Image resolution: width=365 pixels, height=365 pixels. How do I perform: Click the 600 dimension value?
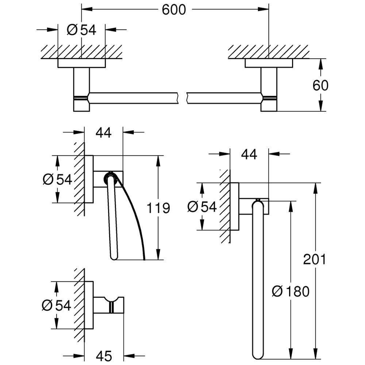point(174,9)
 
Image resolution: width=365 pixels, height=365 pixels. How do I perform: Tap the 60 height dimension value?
point(320,85)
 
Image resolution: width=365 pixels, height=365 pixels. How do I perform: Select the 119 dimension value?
point(158,208)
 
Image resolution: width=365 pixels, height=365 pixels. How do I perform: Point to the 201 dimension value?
point(314,260)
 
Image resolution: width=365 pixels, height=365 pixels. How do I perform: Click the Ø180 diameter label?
point(291,291)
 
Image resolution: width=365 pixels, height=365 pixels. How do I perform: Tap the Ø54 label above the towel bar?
point(81,30)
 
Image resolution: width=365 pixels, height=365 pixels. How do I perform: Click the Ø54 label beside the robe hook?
point(57,305)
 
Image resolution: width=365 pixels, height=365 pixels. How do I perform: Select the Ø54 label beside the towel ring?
point(202,207)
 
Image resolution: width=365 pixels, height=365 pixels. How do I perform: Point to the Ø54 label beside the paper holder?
point(57,179)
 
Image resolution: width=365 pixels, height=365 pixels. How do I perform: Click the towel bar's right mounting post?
point(269,89)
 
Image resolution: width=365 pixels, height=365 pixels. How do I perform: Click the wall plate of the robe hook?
point(89,305)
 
